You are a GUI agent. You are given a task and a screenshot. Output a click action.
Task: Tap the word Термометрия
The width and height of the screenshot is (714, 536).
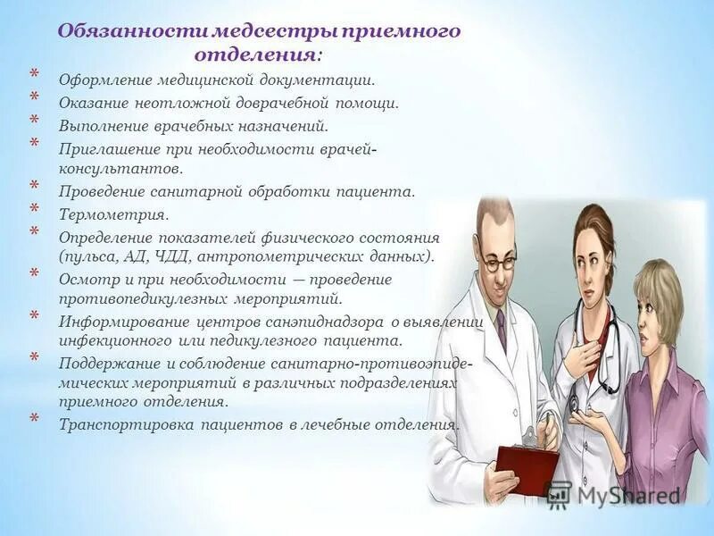[113, 214]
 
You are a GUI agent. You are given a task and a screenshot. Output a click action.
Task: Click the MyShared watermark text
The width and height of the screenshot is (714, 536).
[625, 494]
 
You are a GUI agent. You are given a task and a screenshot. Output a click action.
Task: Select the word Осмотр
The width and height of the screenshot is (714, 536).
[88, 279]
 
